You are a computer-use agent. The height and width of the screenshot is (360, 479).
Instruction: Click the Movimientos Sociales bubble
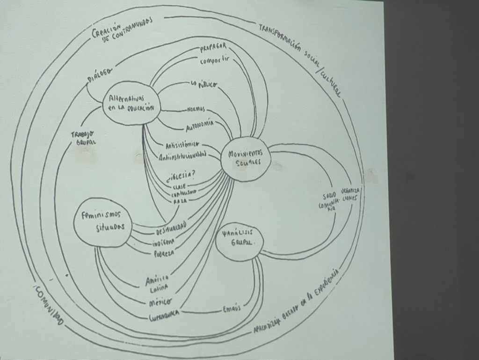(246, 158)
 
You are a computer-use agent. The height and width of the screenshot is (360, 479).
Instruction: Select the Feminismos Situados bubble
(101, 221)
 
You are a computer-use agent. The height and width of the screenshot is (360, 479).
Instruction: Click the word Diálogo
(99, 75)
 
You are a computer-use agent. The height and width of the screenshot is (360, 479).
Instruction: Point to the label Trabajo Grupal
(83, 138)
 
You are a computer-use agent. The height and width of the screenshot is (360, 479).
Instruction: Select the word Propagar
(213, 49)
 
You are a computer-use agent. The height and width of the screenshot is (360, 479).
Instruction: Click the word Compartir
(216, 60)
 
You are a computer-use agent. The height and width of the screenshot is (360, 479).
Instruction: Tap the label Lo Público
(204, 84)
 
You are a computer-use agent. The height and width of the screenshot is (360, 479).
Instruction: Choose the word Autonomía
(200, 125)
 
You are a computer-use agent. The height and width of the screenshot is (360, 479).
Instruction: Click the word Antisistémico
(182, 144)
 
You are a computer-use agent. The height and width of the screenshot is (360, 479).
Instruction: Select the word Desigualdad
(171, 228)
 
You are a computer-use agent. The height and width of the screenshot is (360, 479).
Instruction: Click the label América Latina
(157, 283)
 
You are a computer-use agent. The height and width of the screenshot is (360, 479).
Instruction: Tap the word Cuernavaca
(164, 317)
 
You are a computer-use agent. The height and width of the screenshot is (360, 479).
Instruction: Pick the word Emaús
(232, 309)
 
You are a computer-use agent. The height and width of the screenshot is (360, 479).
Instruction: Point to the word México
(160, 302)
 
